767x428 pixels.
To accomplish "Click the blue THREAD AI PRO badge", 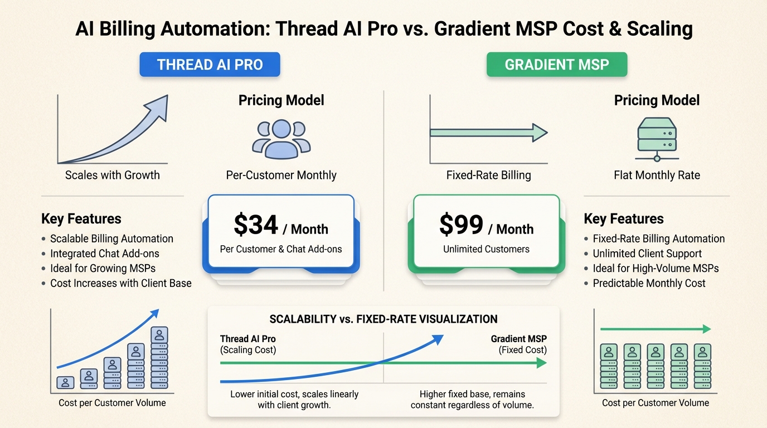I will pos(210,65).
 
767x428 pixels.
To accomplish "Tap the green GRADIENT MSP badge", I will pos(557,65).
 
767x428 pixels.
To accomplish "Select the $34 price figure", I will pos(256,225).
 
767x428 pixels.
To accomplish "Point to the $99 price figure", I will pos(462,225).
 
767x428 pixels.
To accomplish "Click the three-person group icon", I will pos(281,137).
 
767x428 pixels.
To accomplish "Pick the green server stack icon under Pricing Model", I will pos(656,139).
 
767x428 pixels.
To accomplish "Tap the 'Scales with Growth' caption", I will pos(112,175).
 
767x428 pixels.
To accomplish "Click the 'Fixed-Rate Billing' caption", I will pos(488,175).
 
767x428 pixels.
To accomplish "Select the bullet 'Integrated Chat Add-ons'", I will pos(104,254).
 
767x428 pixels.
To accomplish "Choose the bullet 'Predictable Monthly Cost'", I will pos(649,283).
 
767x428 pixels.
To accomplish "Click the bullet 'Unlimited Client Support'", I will pos(647,254).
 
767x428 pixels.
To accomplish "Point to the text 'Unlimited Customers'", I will pos(486,249).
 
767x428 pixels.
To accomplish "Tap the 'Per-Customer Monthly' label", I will pos(281,175).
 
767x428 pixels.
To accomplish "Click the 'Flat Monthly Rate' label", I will pos(657,175).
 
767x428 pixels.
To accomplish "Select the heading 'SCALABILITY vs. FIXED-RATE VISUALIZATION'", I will pos(384,319).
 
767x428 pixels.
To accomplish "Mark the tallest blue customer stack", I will pos(159,358).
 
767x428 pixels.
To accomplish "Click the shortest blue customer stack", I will pos(66,382).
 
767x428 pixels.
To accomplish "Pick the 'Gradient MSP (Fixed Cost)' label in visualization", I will pos(518,344).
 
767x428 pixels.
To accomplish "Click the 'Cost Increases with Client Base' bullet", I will pos(120,283).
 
